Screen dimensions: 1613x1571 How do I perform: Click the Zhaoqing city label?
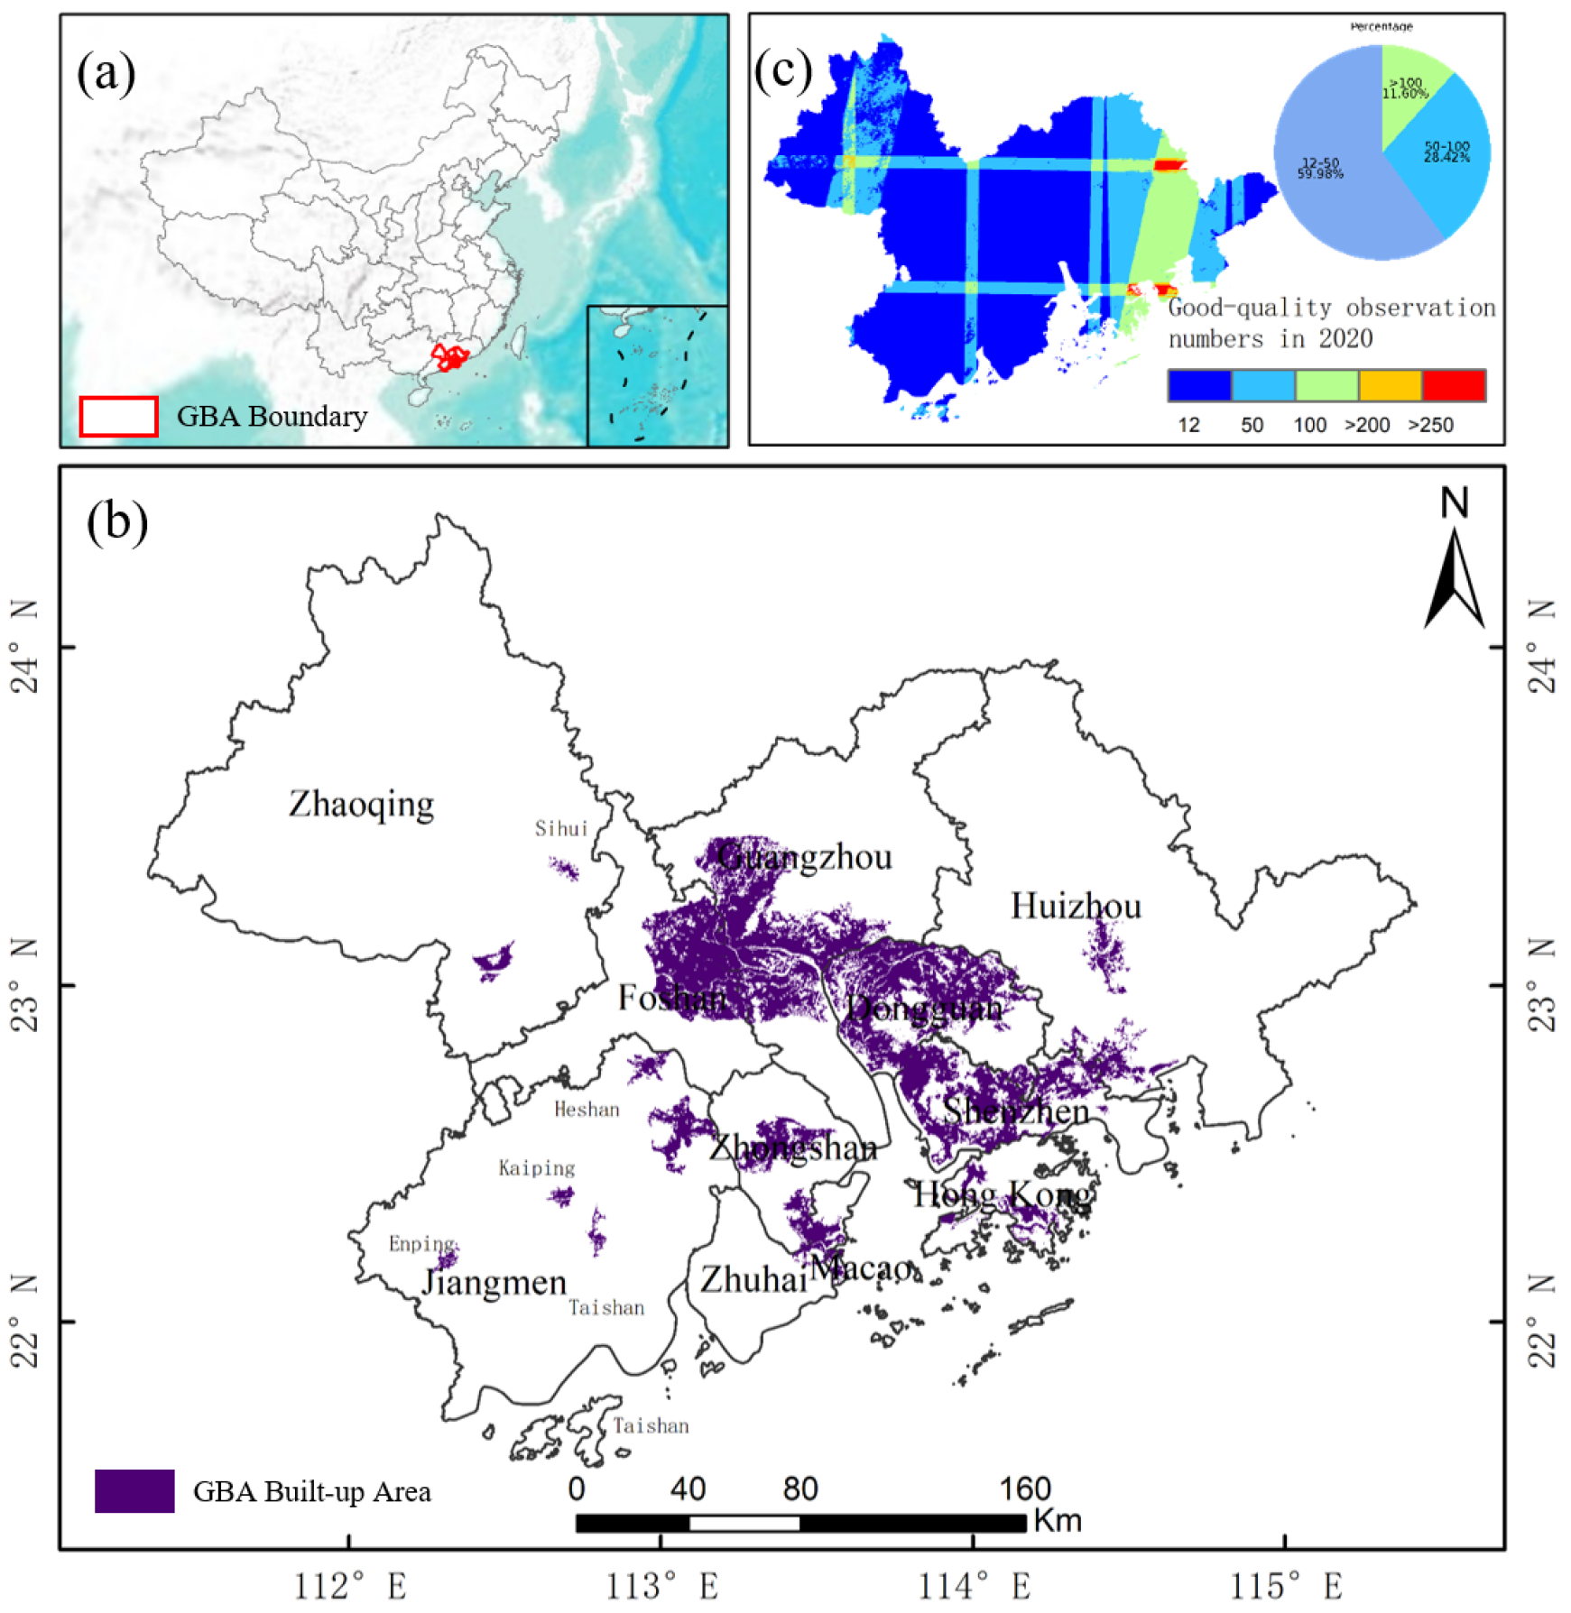[x=361, y=804]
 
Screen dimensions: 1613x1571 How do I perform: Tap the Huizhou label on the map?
[x=1075, y=906]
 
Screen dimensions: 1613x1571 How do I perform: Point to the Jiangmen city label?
[x=494, y=1282]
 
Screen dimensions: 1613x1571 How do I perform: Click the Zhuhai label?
[x=753, y=1279]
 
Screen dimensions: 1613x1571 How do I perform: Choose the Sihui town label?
[x=560, y=828]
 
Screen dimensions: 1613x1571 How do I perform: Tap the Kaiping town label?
[x=536, y=1168]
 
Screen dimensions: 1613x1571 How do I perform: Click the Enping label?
[x=421, y=1244]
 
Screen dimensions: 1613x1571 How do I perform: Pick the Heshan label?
[x=587, y=1110]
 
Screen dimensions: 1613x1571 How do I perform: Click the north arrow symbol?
[x=1454, y=577]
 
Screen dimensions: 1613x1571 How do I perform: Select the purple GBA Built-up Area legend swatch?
[x=134, y=1490]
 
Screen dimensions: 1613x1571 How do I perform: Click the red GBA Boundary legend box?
[x=118, y=416]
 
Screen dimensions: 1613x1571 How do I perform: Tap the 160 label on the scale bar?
[x=1025, y=1489]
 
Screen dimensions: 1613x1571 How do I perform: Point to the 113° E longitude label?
[x=661, y=1586]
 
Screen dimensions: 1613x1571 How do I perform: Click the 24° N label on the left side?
[x=25, y=648]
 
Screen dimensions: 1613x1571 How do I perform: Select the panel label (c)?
[x=782, y=71]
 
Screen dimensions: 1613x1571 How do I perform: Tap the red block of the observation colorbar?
[x=1453, y=385]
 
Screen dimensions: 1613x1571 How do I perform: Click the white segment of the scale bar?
[x=744, y=1524]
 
